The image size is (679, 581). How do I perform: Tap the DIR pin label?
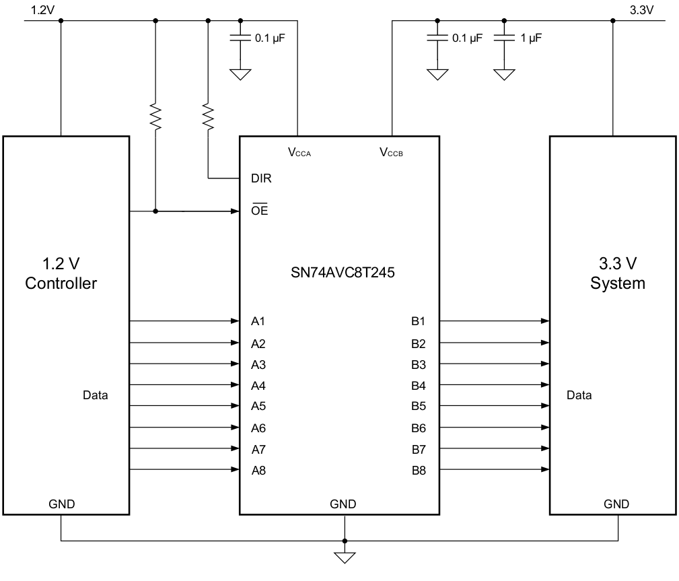[x=261, y=179]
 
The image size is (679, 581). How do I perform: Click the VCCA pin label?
[x=299, y=152]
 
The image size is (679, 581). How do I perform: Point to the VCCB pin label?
[x=391, y=152]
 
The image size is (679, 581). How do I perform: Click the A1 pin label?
[x=258, y=321]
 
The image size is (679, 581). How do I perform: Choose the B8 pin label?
[x=419, y=470]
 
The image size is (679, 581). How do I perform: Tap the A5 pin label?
[x=258, y=406]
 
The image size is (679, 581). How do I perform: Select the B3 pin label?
[x=419, y=364]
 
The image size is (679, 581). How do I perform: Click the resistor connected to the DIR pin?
[x=208, y=116]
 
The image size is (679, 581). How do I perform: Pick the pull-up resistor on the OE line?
[x=155, y=116]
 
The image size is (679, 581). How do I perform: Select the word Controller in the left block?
[x=61, y=283]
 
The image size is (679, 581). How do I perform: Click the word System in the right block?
[x=617, y=283]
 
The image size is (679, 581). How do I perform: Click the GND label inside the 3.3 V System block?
[x=616, y=504]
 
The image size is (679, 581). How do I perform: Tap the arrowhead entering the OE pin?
[x=236, y=211]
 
